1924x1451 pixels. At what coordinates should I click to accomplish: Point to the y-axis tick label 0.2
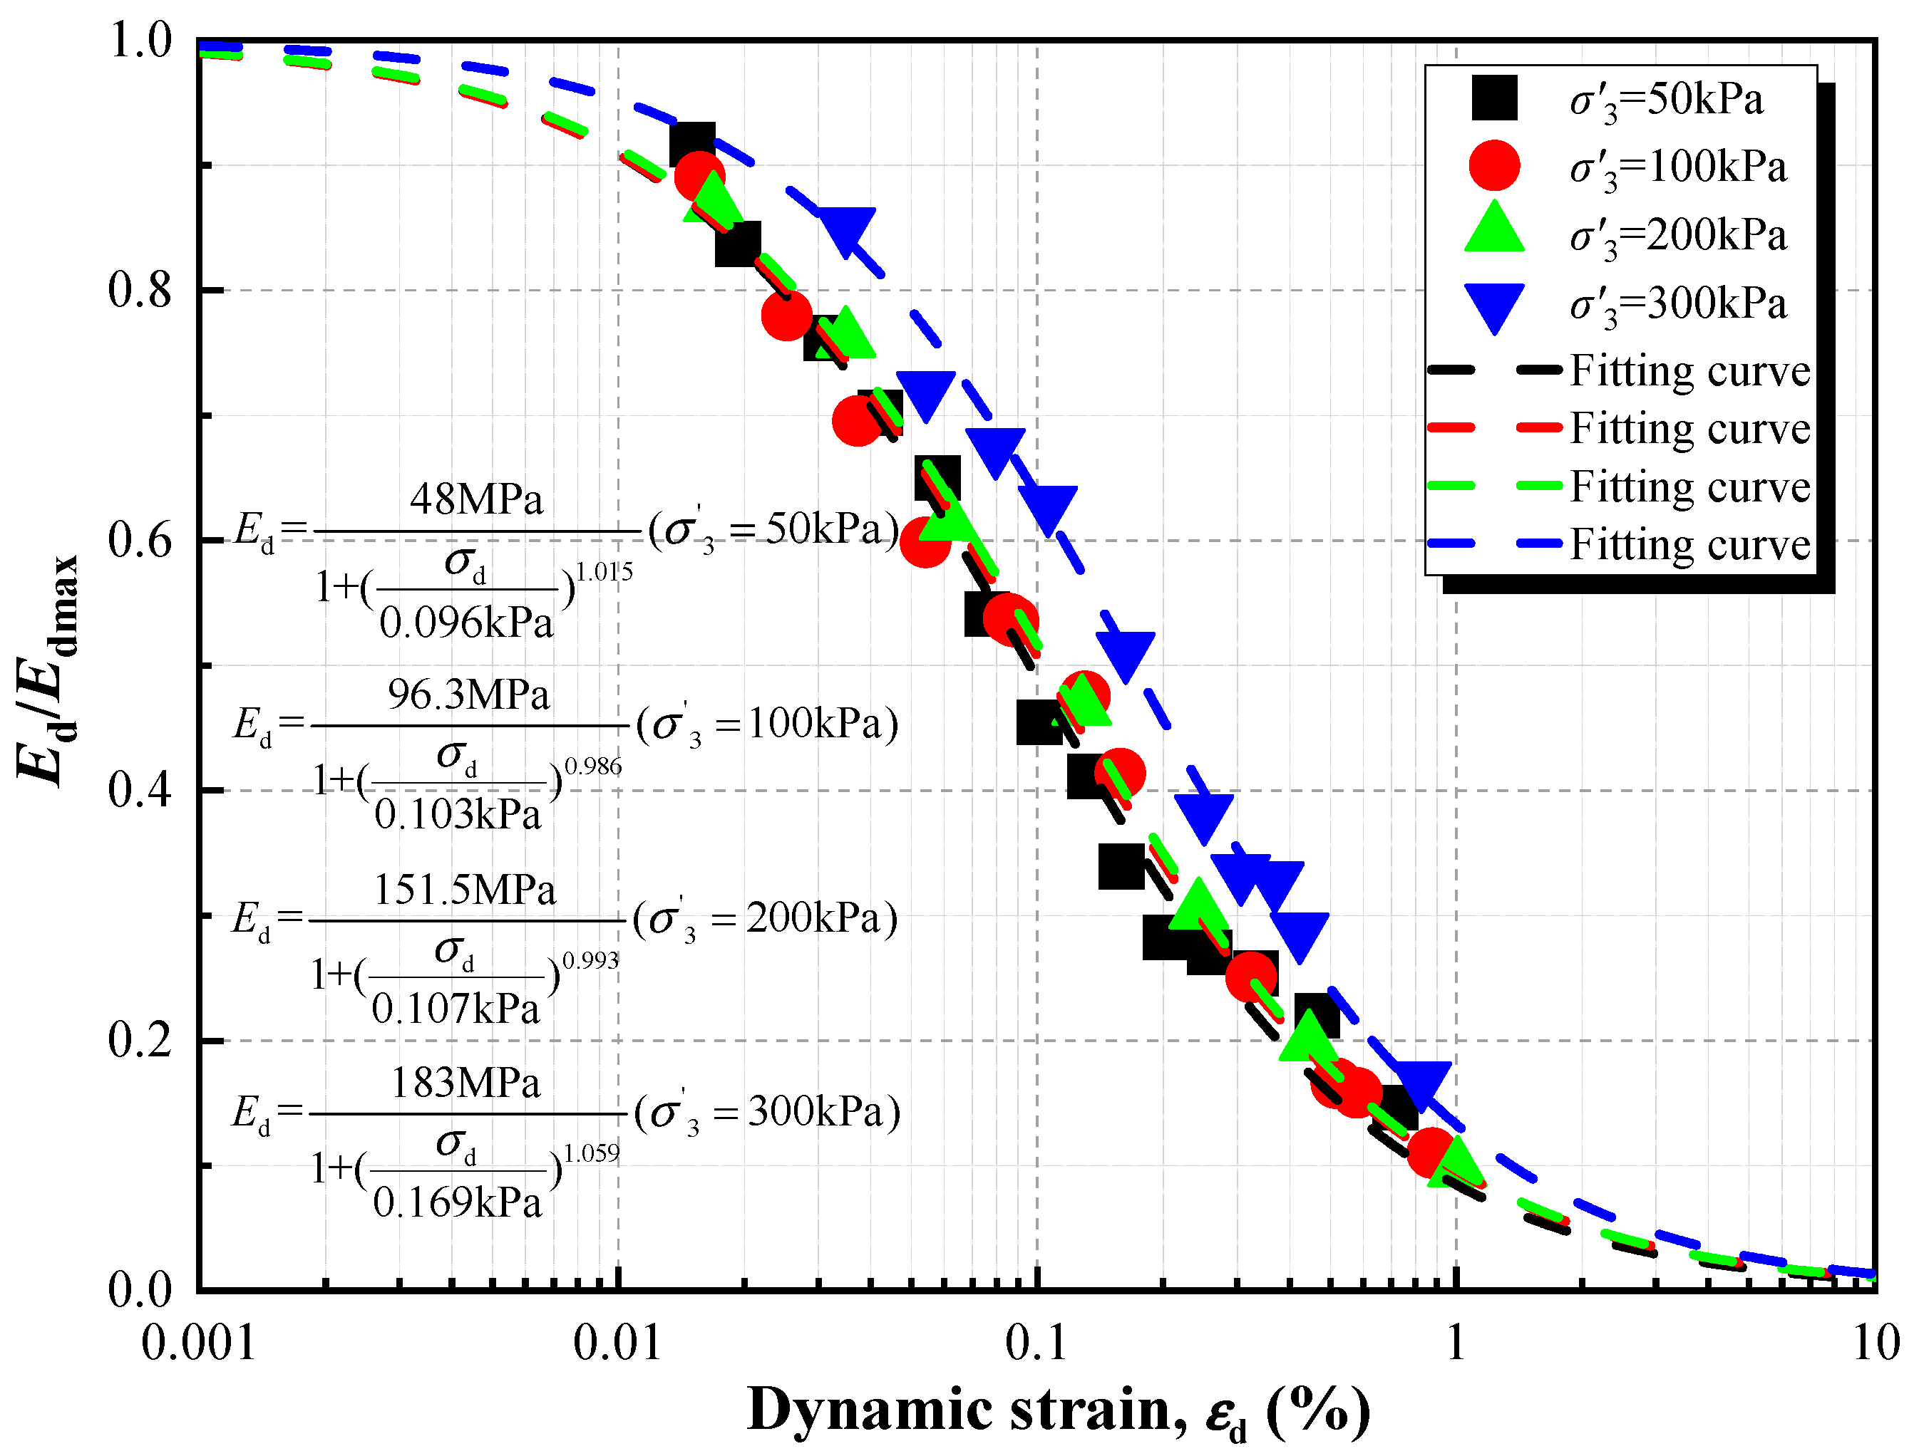140,1040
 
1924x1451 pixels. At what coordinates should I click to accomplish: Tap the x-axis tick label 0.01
617,1343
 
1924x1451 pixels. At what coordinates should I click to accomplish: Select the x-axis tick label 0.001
198,1343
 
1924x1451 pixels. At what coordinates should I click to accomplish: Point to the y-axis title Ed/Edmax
48,670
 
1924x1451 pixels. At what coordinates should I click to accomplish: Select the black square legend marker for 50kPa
1493,98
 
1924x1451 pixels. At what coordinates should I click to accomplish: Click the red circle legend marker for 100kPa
1493,165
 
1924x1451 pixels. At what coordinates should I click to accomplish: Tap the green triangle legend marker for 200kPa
1493,229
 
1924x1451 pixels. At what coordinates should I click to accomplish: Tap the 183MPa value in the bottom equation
465,1083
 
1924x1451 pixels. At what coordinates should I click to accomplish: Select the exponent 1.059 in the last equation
592,1154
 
